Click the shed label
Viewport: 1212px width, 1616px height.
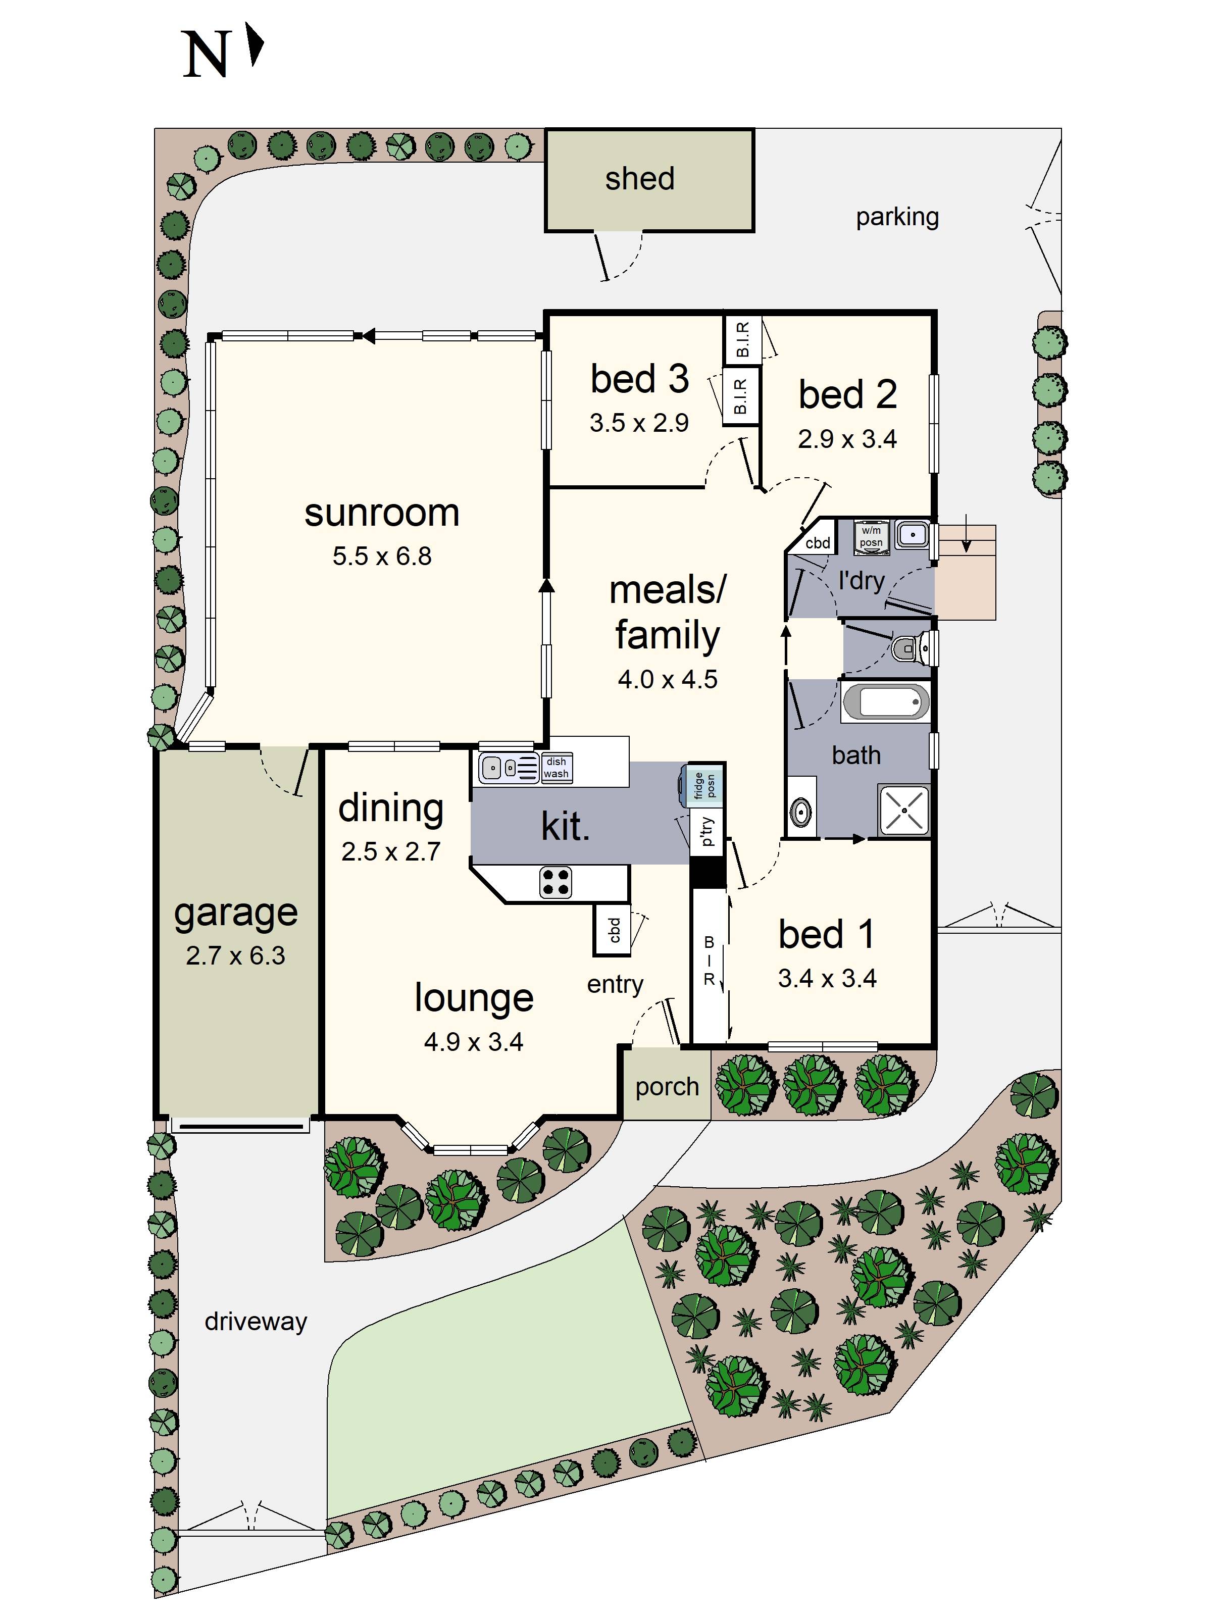pyautogui.click(x=639, y=179)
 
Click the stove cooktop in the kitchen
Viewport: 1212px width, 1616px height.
pyautogui.click(x=555, y=882)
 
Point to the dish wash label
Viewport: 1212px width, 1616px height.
pyautogui.click(x=556, y=768)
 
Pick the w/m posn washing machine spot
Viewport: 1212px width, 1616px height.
pyautogui.click(x=871, y=537)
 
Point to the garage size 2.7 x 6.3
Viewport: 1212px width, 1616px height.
pyautogui.click(x=235, y=955)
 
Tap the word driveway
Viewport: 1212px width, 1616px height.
pyautogui.click(x=256, y=1321)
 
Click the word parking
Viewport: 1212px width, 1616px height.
pyautogui.click(x=897, y=217)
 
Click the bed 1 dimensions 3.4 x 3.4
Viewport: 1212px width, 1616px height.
pyautogui.click(x=827, y=978)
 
